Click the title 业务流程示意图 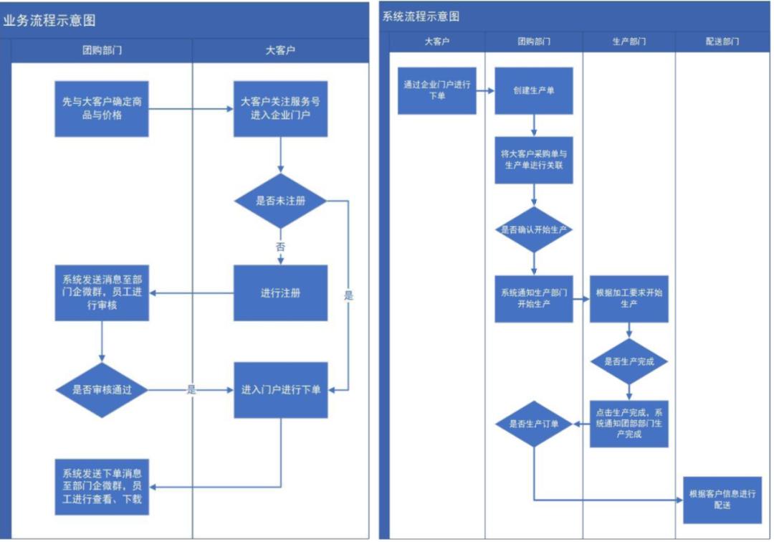point(49,21)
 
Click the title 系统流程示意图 point(421,16)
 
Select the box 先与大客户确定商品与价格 point(102,108)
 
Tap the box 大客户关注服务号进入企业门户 point(280,108)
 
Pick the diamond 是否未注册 point(280,201)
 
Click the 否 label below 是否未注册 point(280,245)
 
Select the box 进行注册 point(280,293)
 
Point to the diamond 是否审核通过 point(102,390)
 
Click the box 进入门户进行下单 point(280,390)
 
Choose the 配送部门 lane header point(722,42)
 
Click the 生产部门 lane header point(629,42)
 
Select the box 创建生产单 point(534,91)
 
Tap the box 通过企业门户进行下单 point(436,90)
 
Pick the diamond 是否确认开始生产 point(534,230)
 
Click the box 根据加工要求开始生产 point(629,299)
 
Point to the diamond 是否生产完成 point(629,361)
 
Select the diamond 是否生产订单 point(534,424)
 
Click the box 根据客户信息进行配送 point(722,500)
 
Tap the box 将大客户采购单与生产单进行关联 point(534,160)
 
